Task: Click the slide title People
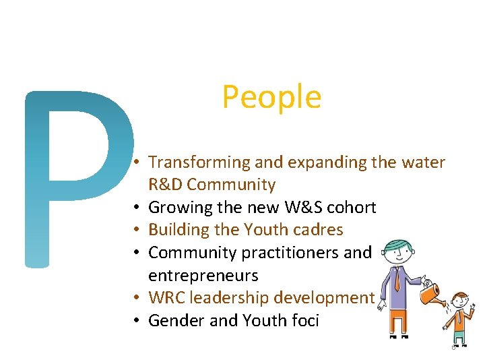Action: click(271, 97)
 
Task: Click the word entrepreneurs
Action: click(203, 275)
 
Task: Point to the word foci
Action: click(303, 320)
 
